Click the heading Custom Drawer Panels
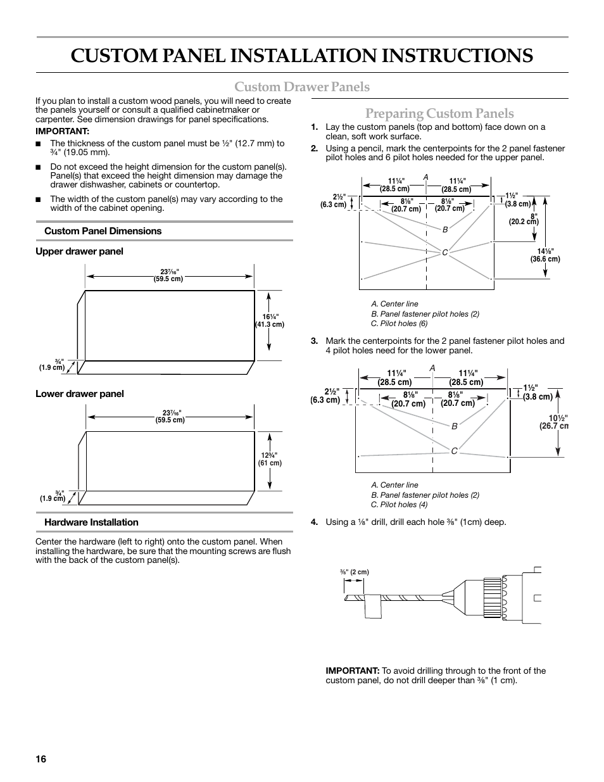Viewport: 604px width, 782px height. (x=302, y=86)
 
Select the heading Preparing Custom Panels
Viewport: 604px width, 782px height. (x=439, y=113)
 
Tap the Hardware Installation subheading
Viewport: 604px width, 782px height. (x=91, y=522)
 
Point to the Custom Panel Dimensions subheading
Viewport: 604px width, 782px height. (x=103, y=231)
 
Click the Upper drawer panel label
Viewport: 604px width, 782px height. (x=79, y=251)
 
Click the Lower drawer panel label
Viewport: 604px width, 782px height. (x=80, y=394)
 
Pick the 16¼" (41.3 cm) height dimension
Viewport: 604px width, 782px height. (x=270, y=320)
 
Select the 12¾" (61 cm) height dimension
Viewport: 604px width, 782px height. (x=270, y=459)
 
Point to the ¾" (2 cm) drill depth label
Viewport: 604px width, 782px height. (x=355, y=572)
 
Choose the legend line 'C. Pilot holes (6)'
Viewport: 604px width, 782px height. (x=399, y=324)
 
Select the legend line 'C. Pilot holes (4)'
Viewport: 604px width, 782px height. (x=399, y=505)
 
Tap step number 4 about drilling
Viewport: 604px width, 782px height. (x=314, y=522)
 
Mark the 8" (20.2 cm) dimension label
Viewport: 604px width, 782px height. (x=524, y=218)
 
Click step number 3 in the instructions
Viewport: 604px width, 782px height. (x=314, y=341)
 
